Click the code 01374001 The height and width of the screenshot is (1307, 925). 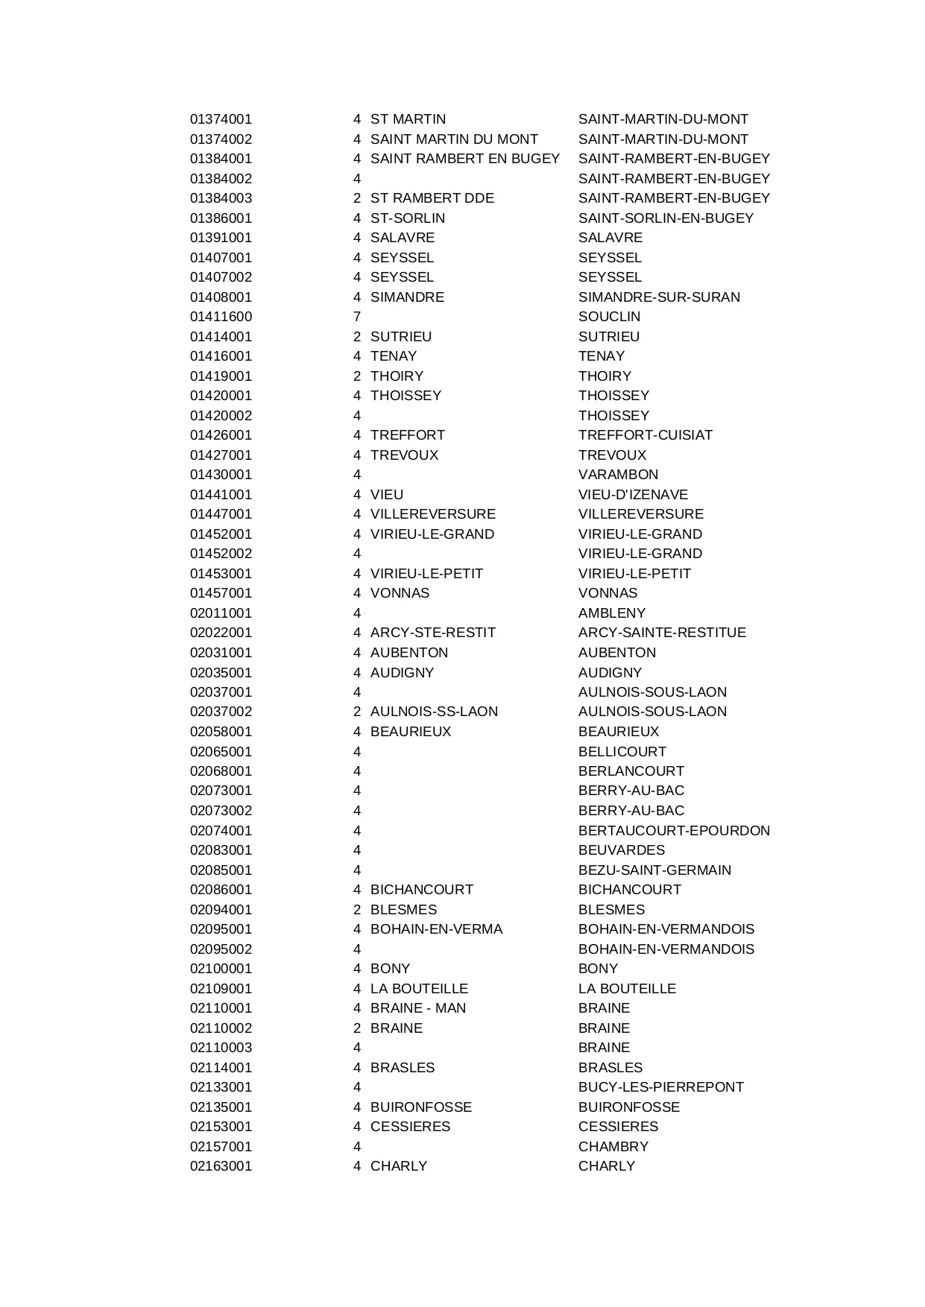(x=221, y=119)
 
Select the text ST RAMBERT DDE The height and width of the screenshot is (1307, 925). (x=432, y=198)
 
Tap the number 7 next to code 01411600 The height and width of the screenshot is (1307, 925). (x=357, y=317)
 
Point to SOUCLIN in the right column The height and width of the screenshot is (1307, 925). (x=609, y=317)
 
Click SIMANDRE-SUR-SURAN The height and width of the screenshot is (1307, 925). (x=659, y=297)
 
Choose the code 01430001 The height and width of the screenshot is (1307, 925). (x=221, y=475)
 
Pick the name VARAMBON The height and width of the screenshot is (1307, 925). (x=618, y=475)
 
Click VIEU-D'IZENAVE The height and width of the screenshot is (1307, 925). (x=633, y=495)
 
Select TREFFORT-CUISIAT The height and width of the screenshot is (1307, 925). (x=645, y=435)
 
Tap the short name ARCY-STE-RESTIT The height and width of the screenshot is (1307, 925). (x=433, y=633)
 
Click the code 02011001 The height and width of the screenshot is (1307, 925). (x=221, y=613)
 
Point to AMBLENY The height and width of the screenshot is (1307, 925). (x=612, y=613)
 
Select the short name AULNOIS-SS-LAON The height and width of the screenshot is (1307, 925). (x=434, y=712)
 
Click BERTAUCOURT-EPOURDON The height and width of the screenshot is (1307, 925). (x=674, y=831)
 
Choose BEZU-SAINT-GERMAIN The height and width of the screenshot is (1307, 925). (x=654, y=870)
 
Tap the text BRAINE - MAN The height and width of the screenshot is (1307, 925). (x=418, y=1008)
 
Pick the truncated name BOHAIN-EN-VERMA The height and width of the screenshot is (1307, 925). (x=436, y=929)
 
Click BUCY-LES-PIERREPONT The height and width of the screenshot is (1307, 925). (x=660, y=1087)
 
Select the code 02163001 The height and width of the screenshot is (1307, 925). (x=221, y=1166)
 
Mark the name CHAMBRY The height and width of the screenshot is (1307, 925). (x=613, y=1147)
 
